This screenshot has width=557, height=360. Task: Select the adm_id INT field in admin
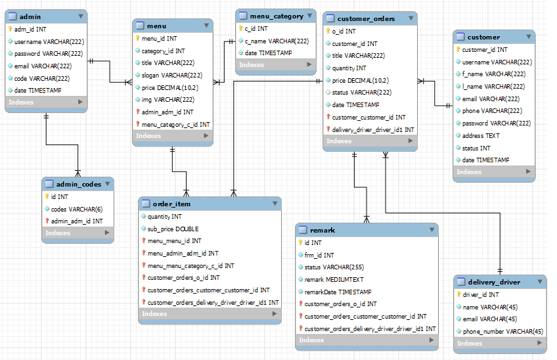pos(30,29)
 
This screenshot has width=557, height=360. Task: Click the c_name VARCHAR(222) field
pos(277,41)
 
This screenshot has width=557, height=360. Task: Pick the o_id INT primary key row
pos(344,31)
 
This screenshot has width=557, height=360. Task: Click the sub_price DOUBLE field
pos(173,229)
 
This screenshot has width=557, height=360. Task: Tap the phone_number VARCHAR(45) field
pos(502,331)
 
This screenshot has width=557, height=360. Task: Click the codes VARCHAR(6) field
pos(77,209)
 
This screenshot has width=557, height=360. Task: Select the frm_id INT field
pos(319,255)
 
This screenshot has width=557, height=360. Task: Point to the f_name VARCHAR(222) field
pos(493,74)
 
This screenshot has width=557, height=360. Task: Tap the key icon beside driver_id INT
pos(458,294)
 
